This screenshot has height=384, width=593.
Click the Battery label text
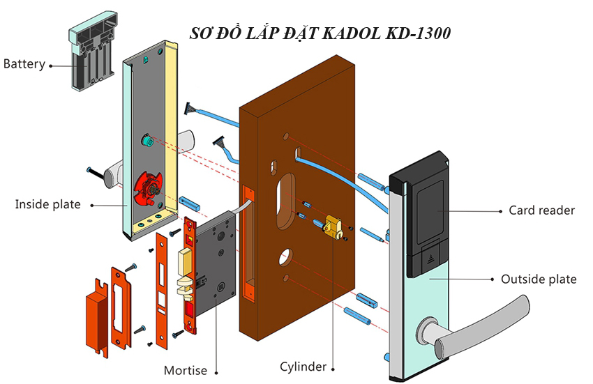tap(24, 64)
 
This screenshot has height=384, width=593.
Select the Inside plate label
tap(47, 204)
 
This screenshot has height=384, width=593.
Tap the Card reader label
tap(541, 210)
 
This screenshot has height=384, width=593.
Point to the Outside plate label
tap(539, 279)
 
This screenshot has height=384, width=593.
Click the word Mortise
tap(186, 370)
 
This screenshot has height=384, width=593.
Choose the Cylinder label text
tap(303, 367)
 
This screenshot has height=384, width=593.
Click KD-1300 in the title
tap(418, 33)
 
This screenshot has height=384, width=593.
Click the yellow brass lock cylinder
tap(334, 226)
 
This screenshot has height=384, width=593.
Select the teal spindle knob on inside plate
tap(147, 141)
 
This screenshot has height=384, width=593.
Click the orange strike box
tap(96, 316)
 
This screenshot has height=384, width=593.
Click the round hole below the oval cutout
tap(285, 258)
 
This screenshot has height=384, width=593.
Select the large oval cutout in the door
tap(286, 201)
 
